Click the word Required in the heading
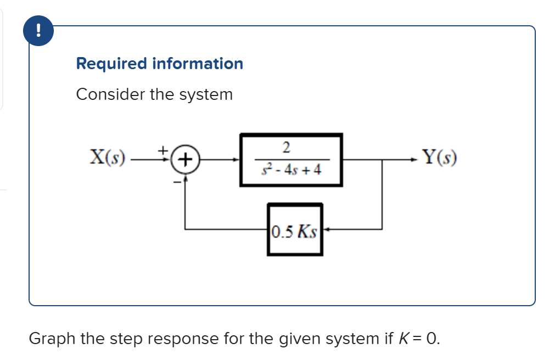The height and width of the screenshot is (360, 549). pyautogui.click(x=112, y=64)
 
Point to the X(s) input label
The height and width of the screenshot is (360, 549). pyautogui.click(x=108, y=159)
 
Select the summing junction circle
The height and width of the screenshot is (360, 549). pyautogui.click(x=187, y=160)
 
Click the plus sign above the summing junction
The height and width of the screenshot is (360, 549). pyautogui.click(x=163, y=149)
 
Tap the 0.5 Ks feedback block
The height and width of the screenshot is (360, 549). pyautogui.click(x=295, y=229)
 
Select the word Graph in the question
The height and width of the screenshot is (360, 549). pyautogui.click(x=52, y=338)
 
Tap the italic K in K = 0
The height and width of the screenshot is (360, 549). pyautogui.click(x=402, y=338)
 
